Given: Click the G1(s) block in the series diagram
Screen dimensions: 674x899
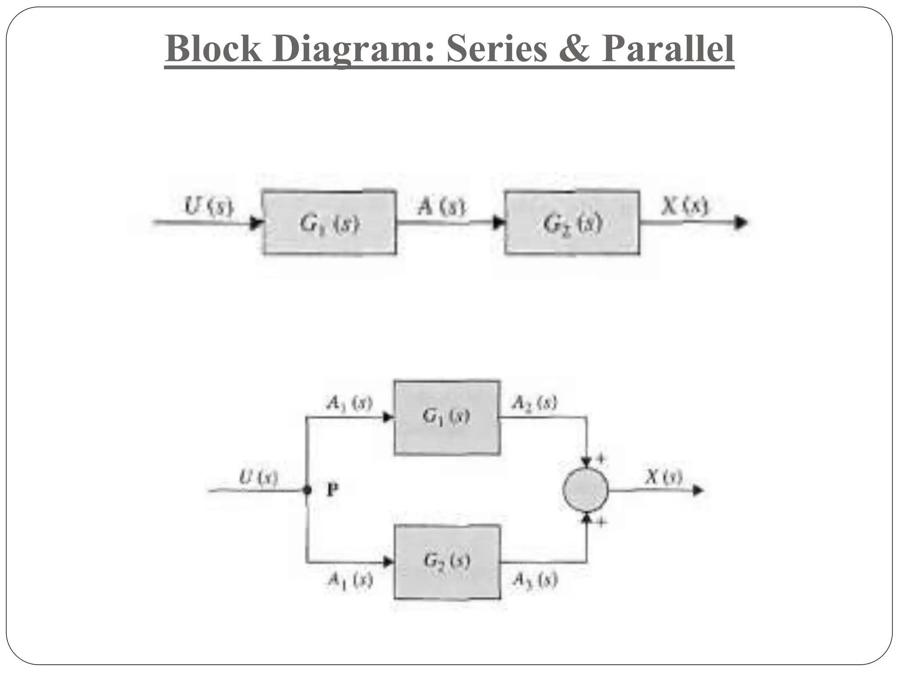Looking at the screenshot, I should pos(329,222).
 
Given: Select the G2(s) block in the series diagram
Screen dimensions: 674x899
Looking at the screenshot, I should pos(572,222).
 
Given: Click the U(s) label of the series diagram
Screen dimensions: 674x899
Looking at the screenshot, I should pos(208,206).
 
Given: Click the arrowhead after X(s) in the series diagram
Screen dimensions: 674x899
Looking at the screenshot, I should pos(741,222).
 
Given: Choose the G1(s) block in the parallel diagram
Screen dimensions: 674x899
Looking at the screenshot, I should pos(447,417).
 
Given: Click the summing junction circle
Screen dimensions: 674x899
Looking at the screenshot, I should pos(586,490).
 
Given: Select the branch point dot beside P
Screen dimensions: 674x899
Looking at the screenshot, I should pos(307,490).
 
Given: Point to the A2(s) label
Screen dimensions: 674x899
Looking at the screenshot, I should pos(534,402).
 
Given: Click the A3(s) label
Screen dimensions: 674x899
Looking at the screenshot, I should pos(535,580).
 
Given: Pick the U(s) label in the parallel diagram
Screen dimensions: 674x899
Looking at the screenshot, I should pos(258,477).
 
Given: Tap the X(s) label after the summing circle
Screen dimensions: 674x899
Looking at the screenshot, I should pos(664,477).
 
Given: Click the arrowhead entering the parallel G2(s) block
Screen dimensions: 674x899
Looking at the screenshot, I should pos(388,562).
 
